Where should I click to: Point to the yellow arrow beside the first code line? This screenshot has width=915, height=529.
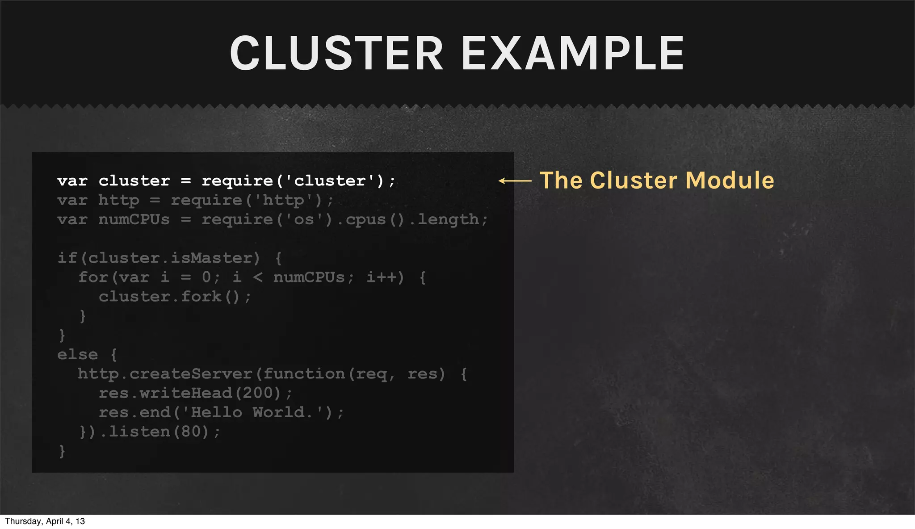[515, 181]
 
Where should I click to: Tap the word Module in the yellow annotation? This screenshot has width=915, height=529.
[730, 180]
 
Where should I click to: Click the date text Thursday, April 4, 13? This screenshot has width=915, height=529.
[45, 521]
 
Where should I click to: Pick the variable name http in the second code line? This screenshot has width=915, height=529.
[118, 200]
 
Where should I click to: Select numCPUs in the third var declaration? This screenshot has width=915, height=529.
[134, 219]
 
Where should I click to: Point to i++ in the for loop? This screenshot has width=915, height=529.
[382, 277]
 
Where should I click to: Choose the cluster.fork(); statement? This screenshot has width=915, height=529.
[175, 297]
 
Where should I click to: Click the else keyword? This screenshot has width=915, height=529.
[77, 355]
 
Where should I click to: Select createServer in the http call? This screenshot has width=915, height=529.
[191, 374]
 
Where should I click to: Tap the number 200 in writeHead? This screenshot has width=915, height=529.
[257, 393]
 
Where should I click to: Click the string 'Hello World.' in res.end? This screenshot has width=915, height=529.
[252, 412]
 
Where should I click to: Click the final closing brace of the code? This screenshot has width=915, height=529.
[62, 451]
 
